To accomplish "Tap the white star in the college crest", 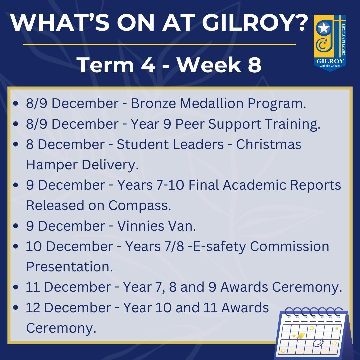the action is [x=324, y=29].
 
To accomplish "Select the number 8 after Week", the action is [x=254, y=65].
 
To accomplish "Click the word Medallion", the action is [x=211, y=103].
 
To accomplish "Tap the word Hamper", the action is [x=52, y=165].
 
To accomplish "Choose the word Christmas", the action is [x=269, y=144].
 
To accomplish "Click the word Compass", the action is [x=140, y=205].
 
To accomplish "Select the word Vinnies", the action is [x=141, y=226].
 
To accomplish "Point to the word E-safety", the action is [x=220, y=247].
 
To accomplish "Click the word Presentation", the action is [x=70, y=267].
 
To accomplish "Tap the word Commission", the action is [x=290, y=246].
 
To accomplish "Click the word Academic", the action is [x=254, y=185].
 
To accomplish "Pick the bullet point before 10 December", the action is [x=16, y=247].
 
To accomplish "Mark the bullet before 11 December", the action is [x=16, y=287].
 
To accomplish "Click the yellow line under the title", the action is [x=159, y=44].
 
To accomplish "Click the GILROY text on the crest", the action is [x=330, y=61].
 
